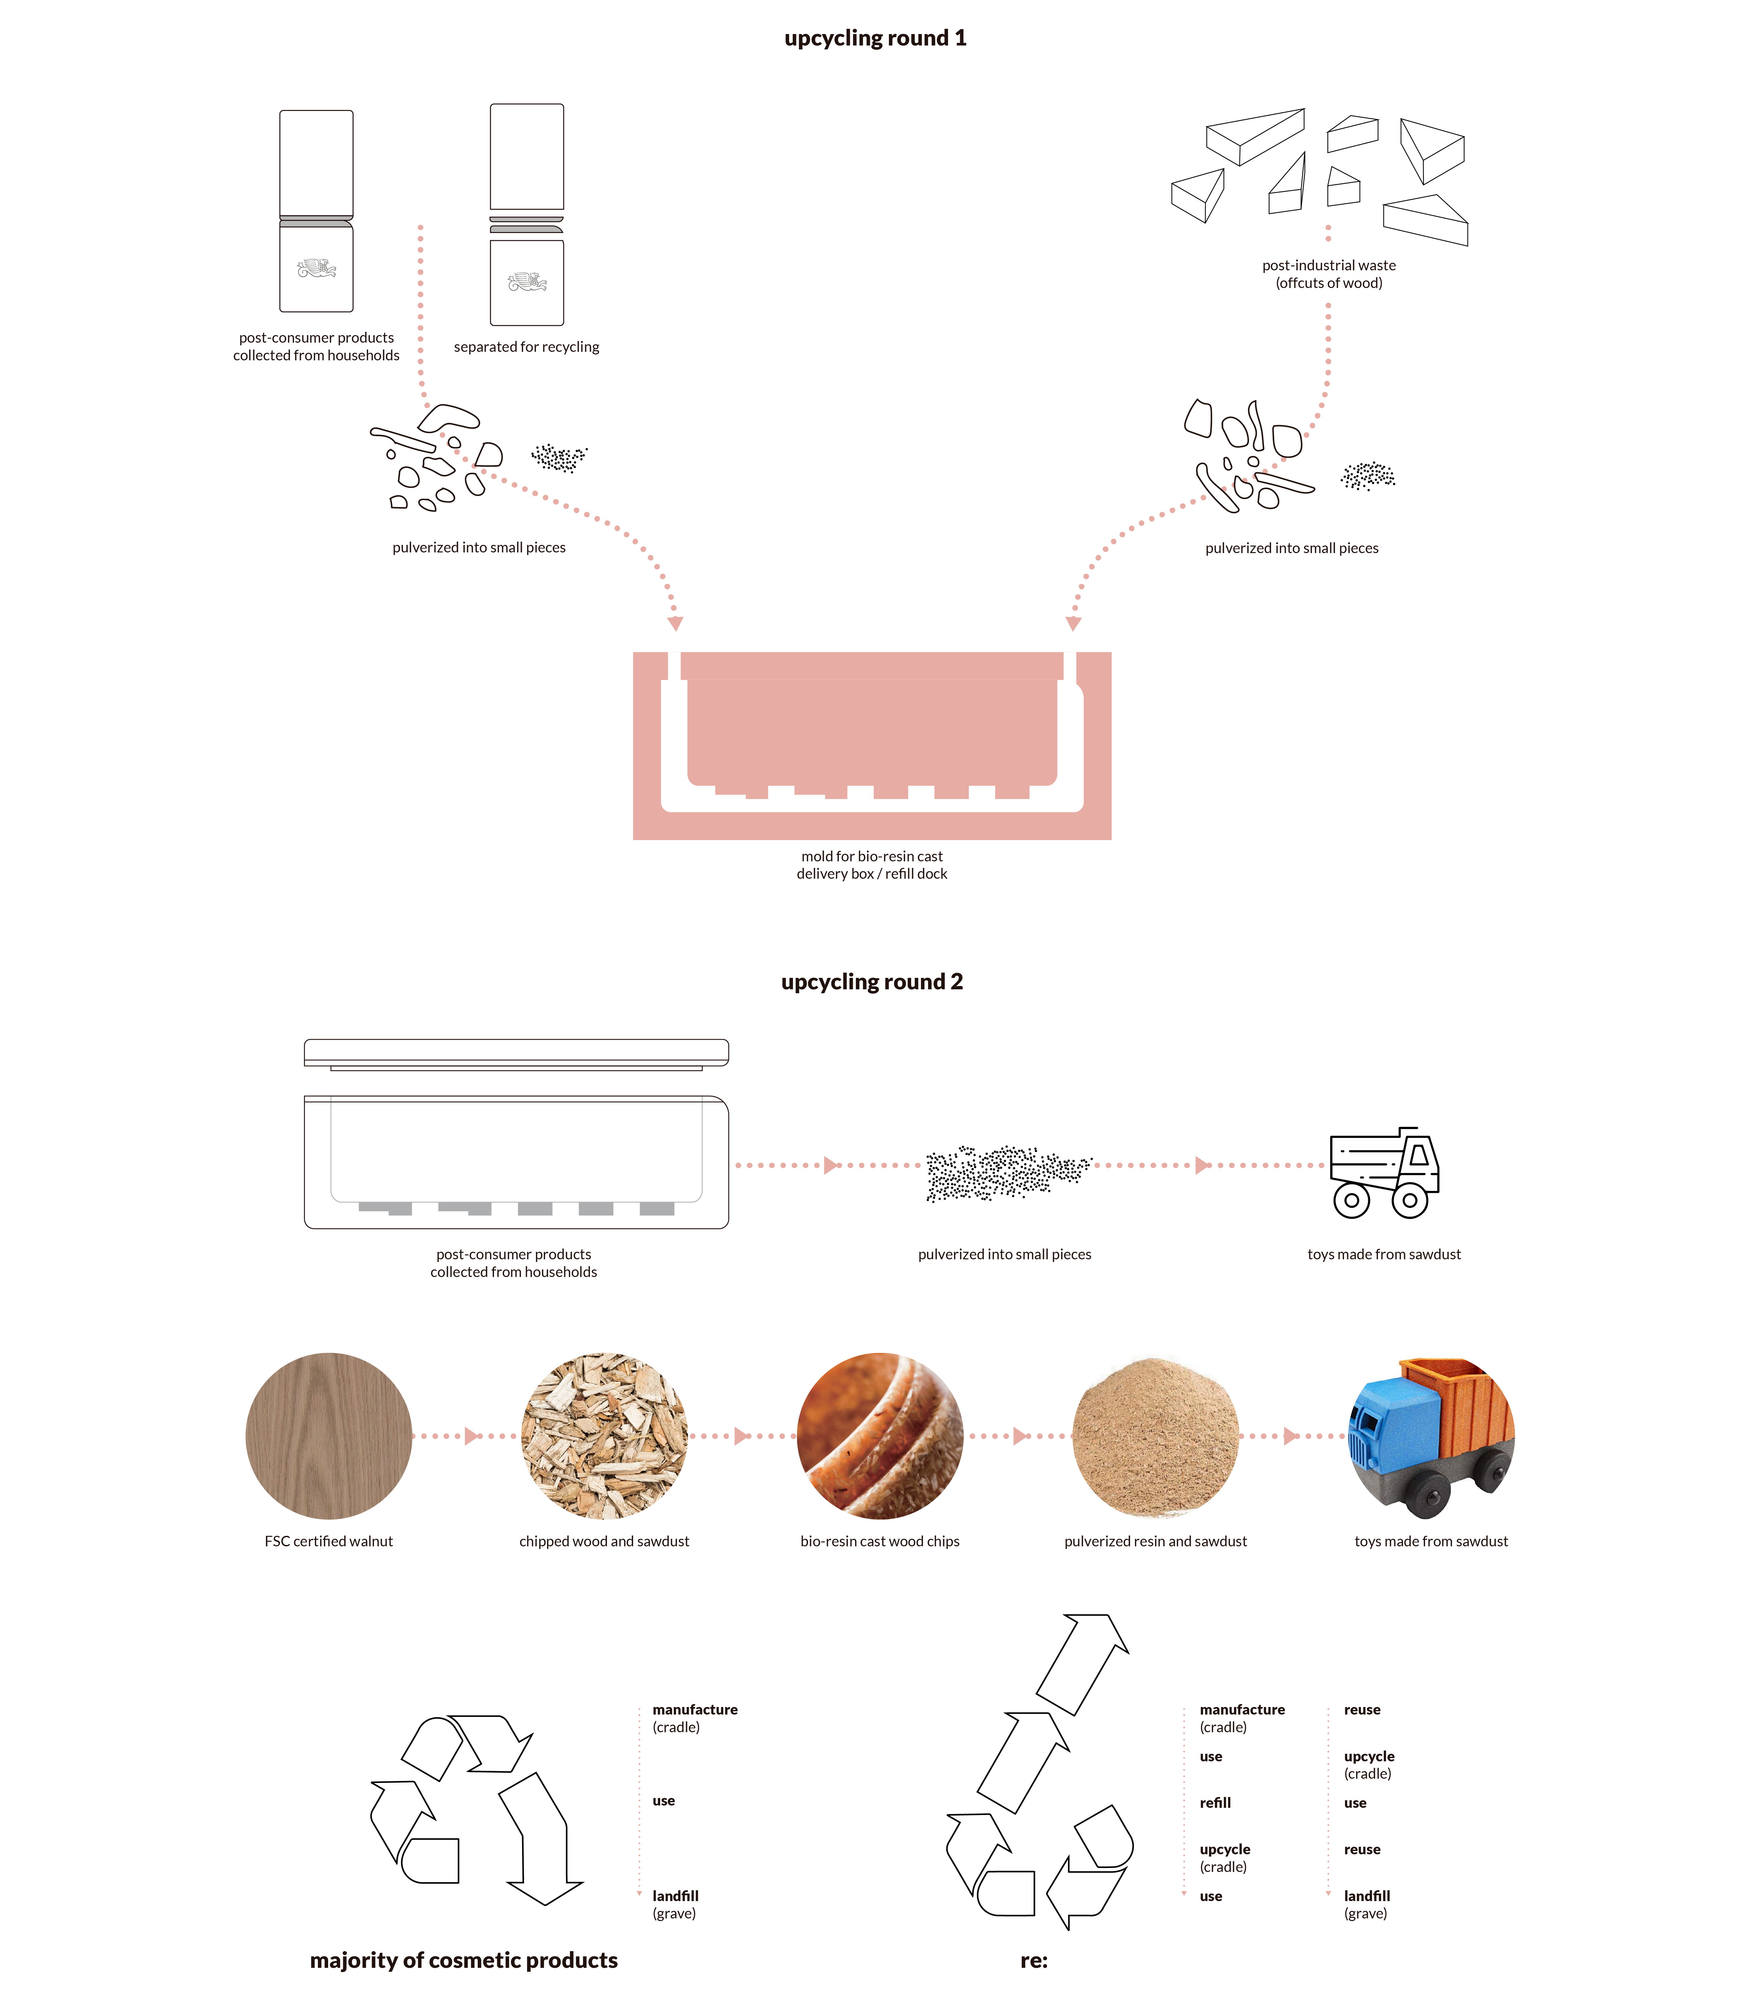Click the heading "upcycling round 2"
point(872,982)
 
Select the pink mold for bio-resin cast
point(872,745)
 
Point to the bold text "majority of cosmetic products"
point(464,1960)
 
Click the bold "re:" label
point(1033,1960)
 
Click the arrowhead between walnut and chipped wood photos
point(472,1435)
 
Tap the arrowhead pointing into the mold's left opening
point(675,623)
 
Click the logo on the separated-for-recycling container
point(527,282)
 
